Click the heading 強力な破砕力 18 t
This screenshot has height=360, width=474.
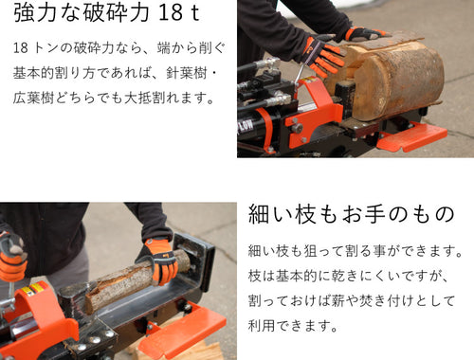[x=107, y=12]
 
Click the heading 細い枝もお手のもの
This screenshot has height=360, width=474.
[x=351, y=214]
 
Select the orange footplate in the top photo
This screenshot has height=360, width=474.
[x=411, y=136]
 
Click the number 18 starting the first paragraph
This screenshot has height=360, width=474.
[x=21, y=48]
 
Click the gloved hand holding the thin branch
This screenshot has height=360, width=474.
[x=159, y=261]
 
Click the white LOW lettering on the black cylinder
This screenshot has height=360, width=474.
[x=246, y=126]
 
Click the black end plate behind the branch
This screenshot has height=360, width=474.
[x=193, y=263]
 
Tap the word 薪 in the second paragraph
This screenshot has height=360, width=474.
[x=337, y=300]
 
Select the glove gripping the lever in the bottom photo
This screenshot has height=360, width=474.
[x=12, y=257]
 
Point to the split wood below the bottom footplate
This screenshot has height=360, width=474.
[x=177, y=351]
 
